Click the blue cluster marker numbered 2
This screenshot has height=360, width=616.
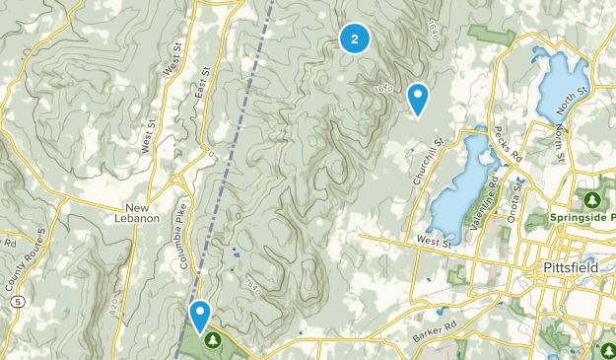click(x=355, y=38)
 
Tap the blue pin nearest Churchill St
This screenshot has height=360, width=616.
click(x=418, y=98)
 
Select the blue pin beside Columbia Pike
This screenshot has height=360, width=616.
click(x=200, y=315)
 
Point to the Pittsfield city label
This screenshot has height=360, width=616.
click(x=571, y=268)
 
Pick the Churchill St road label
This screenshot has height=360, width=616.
click(x=425, y=163)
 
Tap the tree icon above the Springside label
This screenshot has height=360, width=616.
click(x=593, y=200)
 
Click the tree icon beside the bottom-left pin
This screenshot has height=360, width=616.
click(x=214, y=339)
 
